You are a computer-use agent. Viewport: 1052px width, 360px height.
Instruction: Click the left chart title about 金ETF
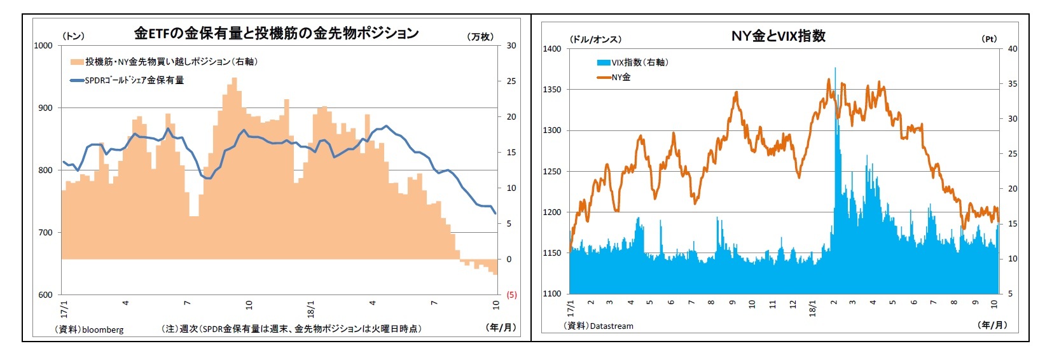[x=276, y=33]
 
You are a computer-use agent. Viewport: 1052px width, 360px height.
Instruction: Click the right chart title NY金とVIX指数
[x=778, y=36]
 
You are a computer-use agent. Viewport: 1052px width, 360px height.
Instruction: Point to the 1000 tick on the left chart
[x=43, y=45]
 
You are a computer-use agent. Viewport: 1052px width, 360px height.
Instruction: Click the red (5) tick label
[x=511, y=294]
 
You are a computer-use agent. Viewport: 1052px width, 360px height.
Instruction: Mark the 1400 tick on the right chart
[x=552, y=49]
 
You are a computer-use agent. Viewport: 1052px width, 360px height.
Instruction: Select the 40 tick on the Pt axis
[x=1013, y=49]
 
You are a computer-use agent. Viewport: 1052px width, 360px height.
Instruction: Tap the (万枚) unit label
[x=480, y=37]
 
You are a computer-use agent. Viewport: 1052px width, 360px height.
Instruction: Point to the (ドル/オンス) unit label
[x=595, y=39]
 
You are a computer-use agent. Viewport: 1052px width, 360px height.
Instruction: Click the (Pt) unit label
[x=989, y=39]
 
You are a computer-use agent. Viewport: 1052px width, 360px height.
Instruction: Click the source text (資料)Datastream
[x=599, y=326]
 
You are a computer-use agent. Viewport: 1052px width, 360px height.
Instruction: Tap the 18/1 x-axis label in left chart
[x=311, y=308]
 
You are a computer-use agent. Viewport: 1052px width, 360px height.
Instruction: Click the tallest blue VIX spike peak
[x=835, y=68]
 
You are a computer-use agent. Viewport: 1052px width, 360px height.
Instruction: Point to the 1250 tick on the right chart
[x=552, y=171]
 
